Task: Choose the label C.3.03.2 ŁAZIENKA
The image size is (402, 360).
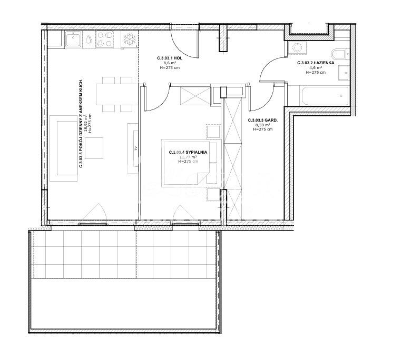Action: pos(316,62)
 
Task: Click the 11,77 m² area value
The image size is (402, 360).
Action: pos(188,157)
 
